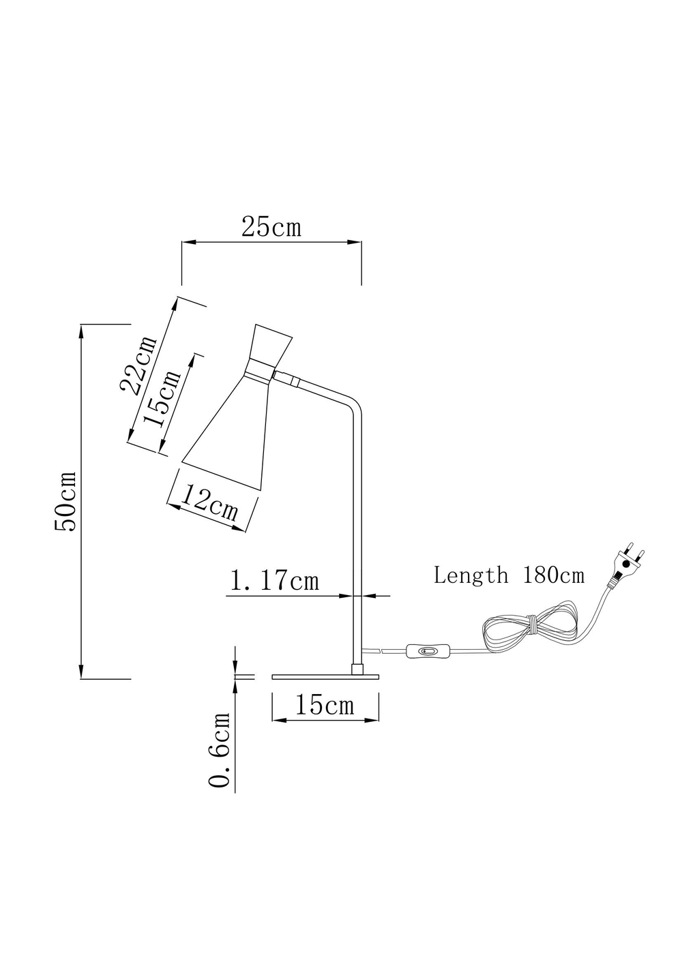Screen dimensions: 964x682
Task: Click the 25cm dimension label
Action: (271, 227)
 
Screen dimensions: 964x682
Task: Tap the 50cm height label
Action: (66, 502)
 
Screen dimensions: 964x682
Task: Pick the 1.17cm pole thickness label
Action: (274, 581)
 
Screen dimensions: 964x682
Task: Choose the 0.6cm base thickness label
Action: (220, 750)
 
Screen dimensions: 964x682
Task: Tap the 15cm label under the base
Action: (324, 705)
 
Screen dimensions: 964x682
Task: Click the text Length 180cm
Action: (509, 575)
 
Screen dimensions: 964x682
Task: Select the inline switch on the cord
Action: (426, 652)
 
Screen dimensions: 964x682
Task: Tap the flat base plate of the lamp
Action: (325, 676)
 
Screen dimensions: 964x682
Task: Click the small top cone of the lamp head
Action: (271, 346)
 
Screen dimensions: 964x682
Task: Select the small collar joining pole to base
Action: (357, 669)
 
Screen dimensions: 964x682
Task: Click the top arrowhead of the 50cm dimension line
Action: (81, 330)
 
